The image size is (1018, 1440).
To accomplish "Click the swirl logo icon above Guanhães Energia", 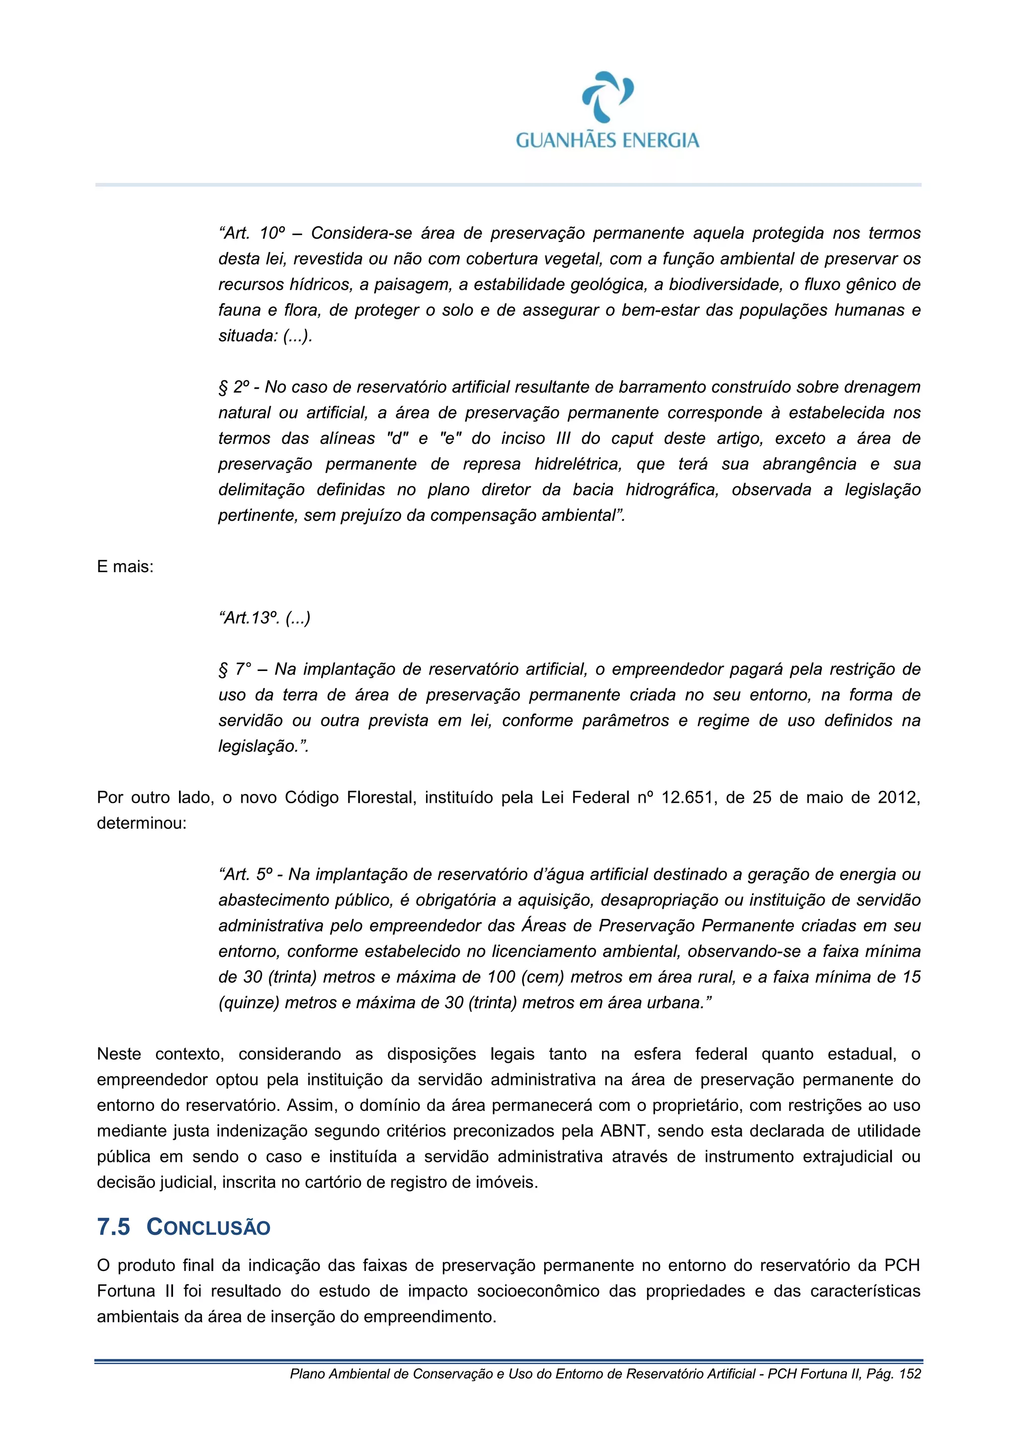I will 607,96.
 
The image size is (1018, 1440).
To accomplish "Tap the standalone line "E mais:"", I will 125,567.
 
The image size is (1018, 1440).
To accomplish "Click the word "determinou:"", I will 142,824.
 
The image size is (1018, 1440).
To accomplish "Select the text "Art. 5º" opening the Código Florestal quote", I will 247,875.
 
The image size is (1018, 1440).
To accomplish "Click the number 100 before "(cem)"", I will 501,977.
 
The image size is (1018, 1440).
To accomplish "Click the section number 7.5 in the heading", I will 113,1227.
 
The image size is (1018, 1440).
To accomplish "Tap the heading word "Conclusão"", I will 208,1227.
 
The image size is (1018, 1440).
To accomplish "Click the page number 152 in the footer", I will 910,1374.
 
